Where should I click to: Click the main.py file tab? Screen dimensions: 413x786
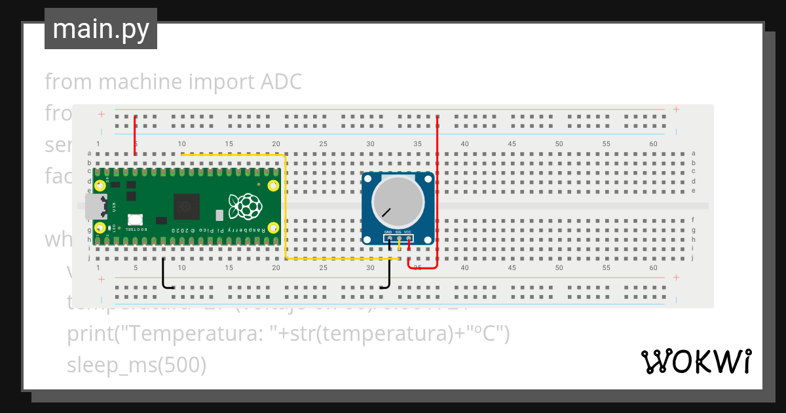click(100, 29)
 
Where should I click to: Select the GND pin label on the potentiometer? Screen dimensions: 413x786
click(388, 232)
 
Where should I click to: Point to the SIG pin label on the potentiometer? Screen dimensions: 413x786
click(398, 232)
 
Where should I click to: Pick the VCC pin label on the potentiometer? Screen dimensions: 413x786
click(407, 232)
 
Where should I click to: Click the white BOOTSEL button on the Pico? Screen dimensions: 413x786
click(136, 220)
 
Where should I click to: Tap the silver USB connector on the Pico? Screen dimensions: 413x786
click(95, 206)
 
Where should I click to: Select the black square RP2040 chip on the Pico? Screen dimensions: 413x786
click(187, 206)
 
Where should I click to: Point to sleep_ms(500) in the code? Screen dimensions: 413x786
click(136, 364)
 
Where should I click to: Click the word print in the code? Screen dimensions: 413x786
click(88, 334)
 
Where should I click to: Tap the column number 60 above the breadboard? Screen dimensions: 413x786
click(653, 144)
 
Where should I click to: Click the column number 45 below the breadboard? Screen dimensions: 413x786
click(512, 268)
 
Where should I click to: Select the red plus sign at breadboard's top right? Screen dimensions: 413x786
click(676, 109)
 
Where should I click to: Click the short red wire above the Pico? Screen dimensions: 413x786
click(135, 136)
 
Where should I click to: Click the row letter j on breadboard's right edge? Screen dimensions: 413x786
click(693, 258)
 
